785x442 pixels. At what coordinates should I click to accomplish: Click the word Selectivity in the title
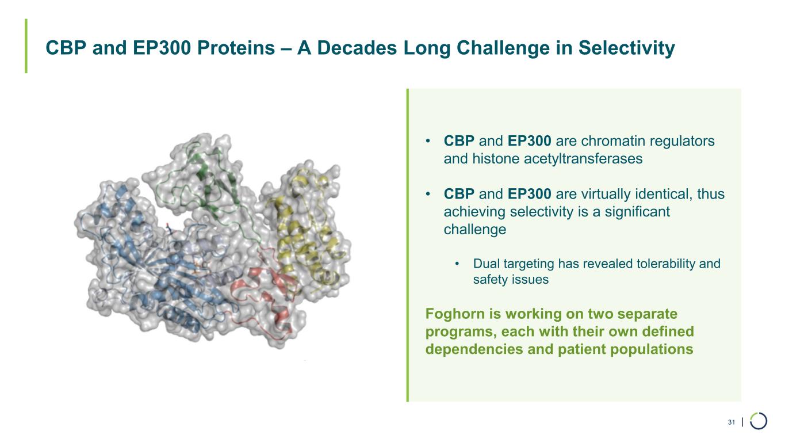pos(626,48)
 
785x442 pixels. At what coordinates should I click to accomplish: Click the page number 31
pos(731,422)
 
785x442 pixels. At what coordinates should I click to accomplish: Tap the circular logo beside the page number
pos(759,421)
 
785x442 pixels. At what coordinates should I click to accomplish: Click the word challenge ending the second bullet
pos(475,230)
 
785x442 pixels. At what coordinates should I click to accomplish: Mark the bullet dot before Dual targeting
pos(457,264)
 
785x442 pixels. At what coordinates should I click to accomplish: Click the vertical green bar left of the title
pos(26,45)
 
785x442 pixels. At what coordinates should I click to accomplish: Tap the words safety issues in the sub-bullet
pos(511,280)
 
